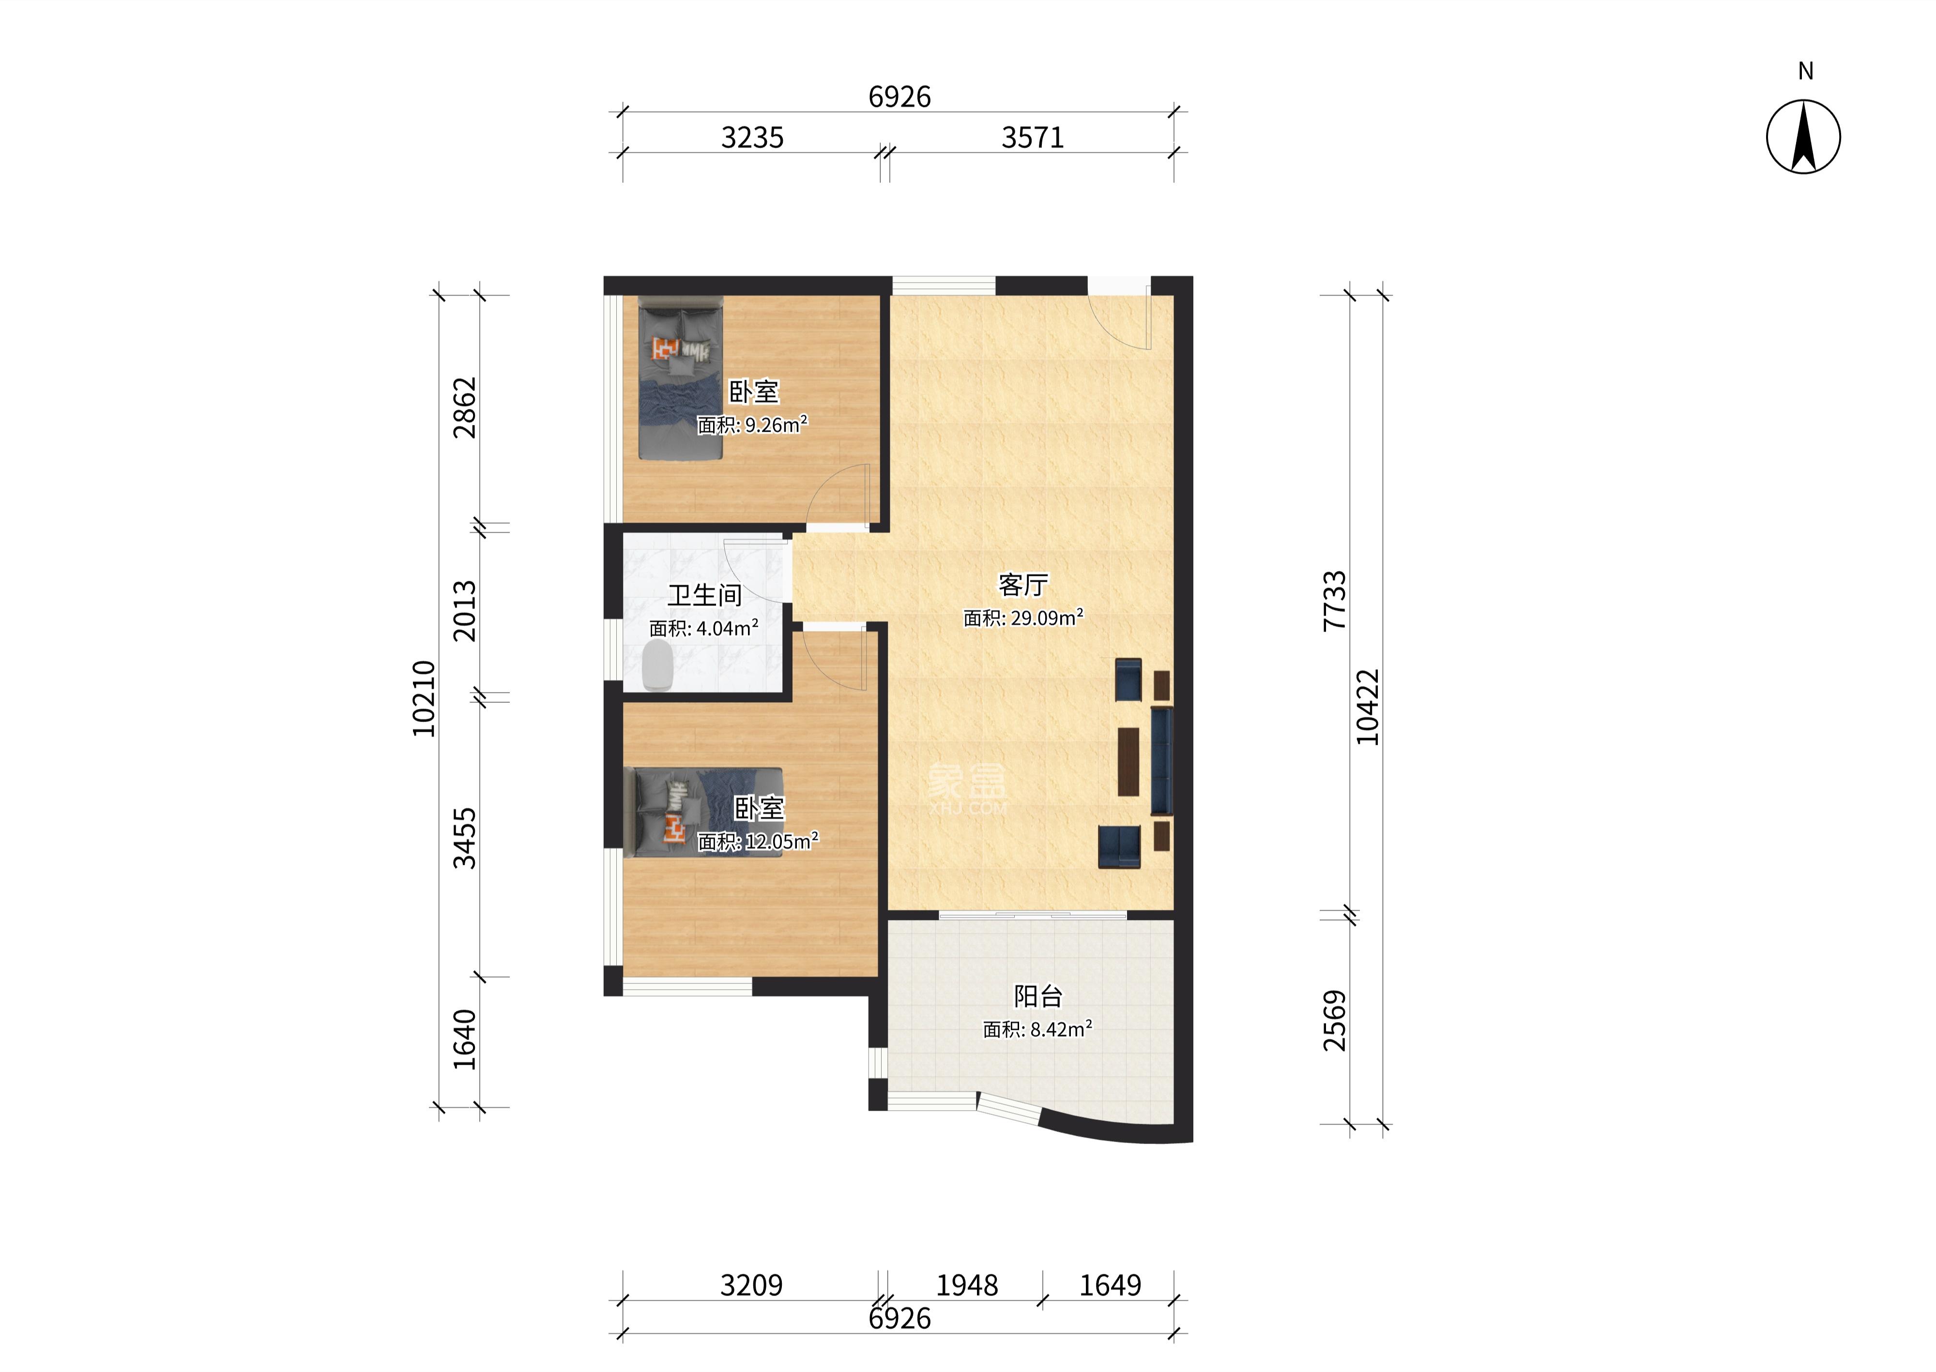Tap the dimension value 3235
point(752,138)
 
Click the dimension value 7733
point(1335,601)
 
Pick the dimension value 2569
point(1335,1021)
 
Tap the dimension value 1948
point(967,1286)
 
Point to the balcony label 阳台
point(1038,997)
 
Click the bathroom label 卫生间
point(705,596)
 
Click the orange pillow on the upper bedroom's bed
point(664,348)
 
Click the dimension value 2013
point(465,611)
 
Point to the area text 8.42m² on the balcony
point(1056,1029)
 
